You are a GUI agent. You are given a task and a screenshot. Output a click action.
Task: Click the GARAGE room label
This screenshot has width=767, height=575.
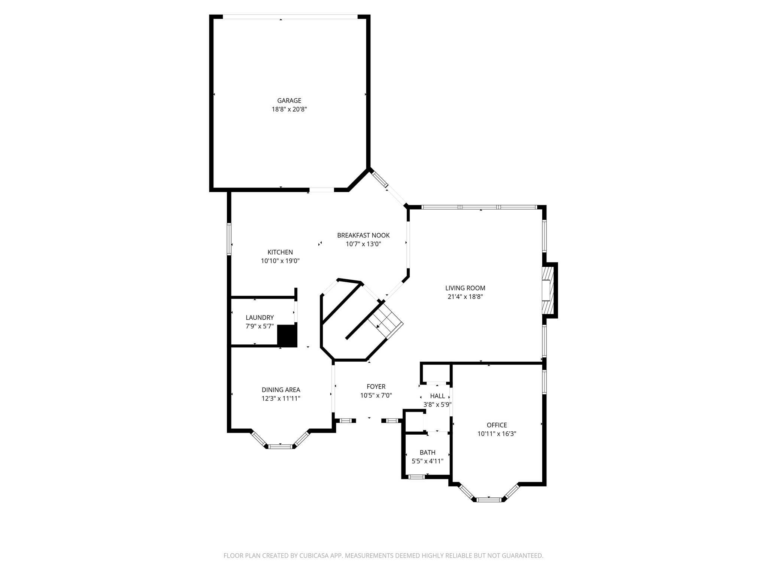[x=289, y=100]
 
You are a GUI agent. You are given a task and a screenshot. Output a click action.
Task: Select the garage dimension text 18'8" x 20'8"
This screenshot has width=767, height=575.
[x=289, y=109]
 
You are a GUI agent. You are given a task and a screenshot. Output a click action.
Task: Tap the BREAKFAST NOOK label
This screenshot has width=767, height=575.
[x=363, y=235]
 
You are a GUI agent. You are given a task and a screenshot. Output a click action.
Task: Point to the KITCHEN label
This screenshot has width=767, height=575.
[x=280, y=252]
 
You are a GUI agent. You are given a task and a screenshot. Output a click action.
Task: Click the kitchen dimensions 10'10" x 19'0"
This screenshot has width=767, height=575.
[x=280, y=261]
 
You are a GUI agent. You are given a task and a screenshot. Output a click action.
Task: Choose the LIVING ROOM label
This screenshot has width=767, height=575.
[x=465, y=288]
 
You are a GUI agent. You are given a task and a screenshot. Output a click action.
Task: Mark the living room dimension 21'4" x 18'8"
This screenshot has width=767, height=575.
[x=465, y=297]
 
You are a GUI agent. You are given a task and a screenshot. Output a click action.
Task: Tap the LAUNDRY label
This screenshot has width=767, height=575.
[x=260, y=317]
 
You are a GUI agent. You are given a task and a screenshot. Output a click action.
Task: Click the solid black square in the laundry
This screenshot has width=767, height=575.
[x=287, y=335]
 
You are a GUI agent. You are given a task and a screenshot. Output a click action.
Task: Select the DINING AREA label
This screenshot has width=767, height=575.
[x=281, y=390]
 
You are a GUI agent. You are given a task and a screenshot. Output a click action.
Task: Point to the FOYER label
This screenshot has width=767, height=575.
[x=376, y=386]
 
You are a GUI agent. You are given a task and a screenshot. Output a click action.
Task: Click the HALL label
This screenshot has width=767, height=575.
[x=437, y=396]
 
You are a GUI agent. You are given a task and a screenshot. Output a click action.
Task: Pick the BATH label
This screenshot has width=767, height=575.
[x=427, y=452]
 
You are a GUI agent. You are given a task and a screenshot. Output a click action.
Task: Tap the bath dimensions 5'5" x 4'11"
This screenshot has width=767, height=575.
[x=427, y=461]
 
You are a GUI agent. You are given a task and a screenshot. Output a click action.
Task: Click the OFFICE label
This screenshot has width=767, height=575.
[x=497, y=425]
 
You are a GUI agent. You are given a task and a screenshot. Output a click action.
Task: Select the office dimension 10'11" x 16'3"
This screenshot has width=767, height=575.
[x=497, y=434]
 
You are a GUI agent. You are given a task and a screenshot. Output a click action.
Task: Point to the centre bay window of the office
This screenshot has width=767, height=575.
[x=489, y=499]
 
